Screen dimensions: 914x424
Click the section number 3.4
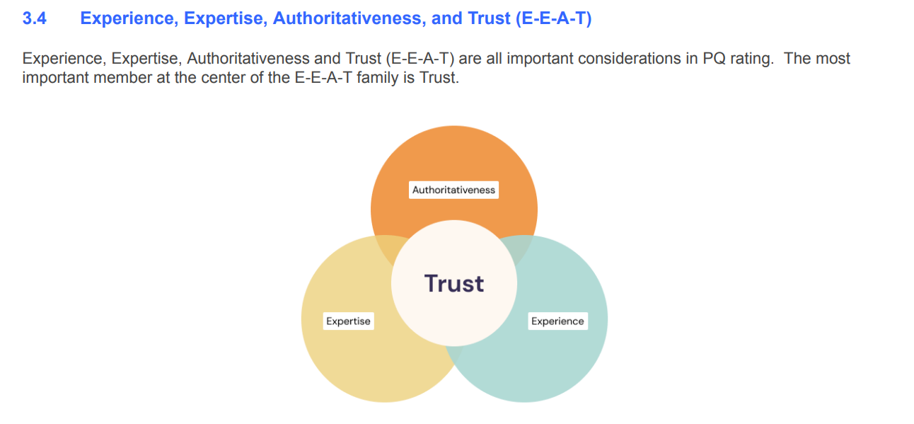[35, 18]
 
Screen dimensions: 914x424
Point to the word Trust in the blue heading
[489, 18]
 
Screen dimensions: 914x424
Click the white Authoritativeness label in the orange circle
[453, 190]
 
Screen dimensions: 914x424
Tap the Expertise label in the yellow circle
[349, 321]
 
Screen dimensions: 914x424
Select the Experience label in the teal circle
[557, 321]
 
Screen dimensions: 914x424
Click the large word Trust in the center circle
[454, 284]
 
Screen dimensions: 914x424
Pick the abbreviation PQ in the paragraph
[714, 59]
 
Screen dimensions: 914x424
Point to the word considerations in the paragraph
[630, 59]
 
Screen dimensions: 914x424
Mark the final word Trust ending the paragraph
[439, 78]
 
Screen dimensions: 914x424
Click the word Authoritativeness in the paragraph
[248, 59]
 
